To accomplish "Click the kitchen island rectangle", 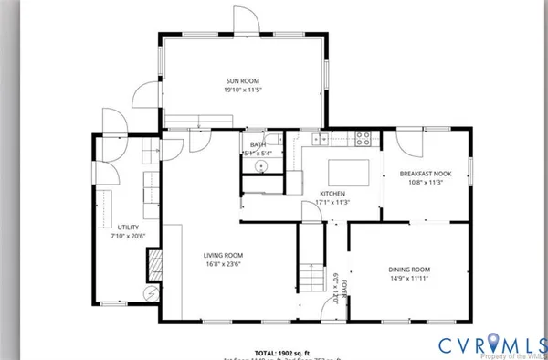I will tap(352, 171).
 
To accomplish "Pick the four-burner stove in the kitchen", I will tap(363, 140).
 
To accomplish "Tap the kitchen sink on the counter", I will tap(320, 140).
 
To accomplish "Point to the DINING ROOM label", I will tap(408, 270).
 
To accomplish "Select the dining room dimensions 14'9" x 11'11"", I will tap(408, 280).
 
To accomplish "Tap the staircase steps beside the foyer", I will tap(312, 272).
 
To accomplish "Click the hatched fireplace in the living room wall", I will tap(153, 265).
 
